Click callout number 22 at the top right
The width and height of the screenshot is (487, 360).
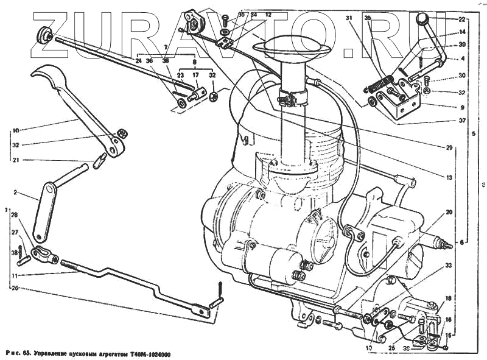[462, 20]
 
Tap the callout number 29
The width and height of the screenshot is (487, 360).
[449, 148]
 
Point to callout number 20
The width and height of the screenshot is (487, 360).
[449, 213]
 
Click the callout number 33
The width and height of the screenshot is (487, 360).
[448, 266]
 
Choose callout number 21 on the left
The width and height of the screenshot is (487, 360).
[16, 160]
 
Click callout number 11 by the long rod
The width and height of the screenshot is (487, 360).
[16, 275]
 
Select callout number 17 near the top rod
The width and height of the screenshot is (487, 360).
[196, 76]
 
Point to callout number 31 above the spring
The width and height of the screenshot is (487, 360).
[349, 18]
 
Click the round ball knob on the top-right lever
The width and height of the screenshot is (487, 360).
[422, 20]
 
